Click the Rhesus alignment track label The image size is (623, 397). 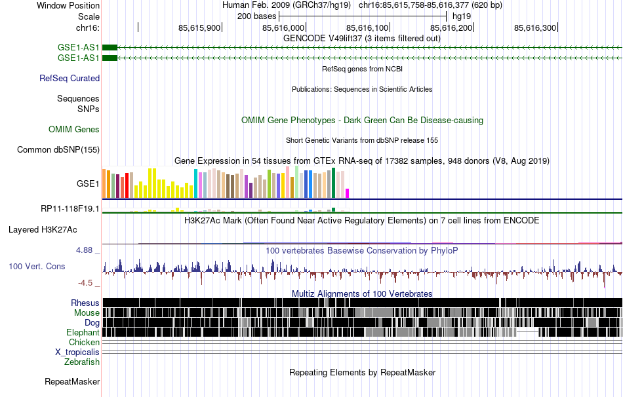(x=85, y=303)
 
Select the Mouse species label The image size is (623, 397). (x=87, y=313)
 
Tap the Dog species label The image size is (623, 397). (x=92, y=323)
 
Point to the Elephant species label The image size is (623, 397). (x=82, y=333)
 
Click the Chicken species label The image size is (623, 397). (x=84, y=343)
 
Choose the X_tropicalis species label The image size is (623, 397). (x=77, y=352)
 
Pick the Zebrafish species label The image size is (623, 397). (x=82, y=362)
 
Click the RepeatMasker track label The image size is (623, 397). (x=72, y=381)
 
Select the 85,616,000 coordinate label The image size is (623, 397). (x=283, y=28)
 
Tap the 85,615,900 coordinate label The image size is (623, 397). (x=199, y=28)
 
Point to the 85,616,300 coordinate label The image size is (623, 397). (x=535, y=28)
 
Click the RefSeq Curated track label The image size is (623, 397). (x=70, y=79)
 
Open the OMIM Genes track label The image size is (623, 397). (x=74, y=130)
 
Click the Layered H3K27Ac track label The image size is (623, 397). (x=43, y=230)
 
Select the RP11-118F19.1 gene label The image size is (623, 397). (x=70, y=209)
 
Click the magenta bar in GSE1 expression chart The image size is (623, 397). (x=348, y=193)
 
